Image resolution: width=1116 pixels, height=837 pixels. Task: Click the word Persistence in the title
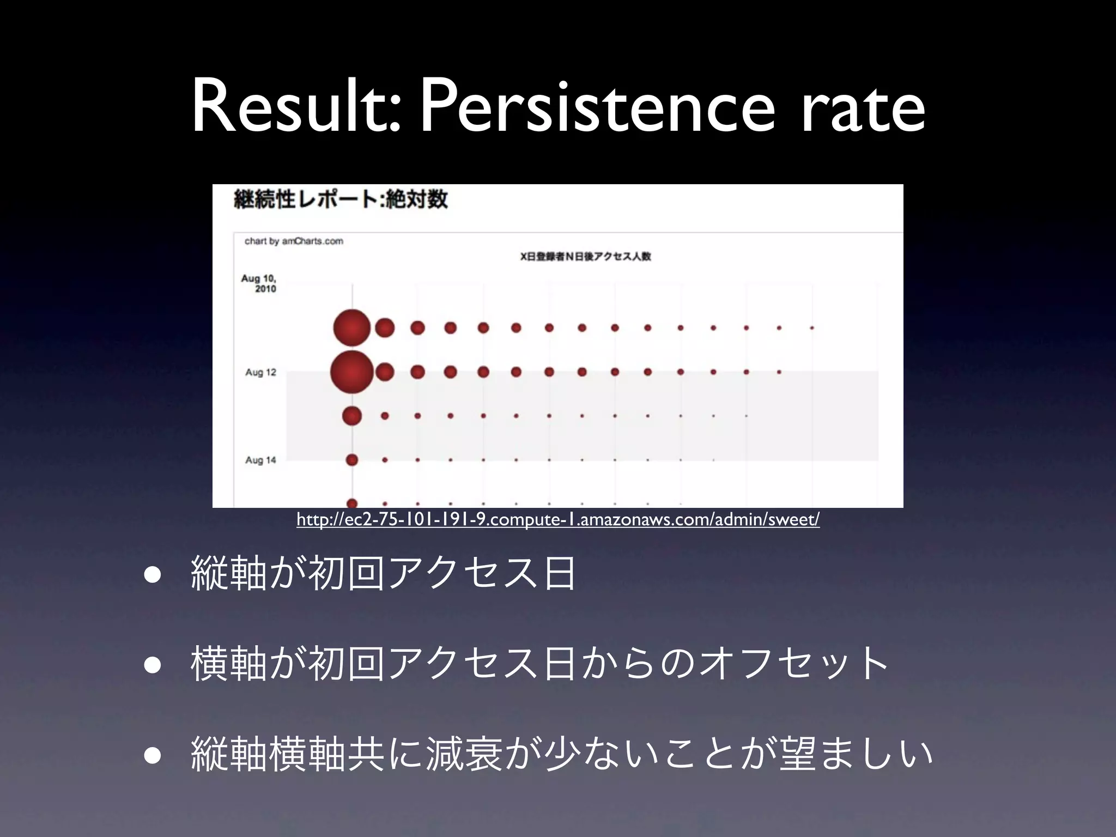click(597, 106)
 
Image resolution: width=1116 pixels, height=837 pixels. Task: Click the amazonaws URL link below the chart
click(557, 520)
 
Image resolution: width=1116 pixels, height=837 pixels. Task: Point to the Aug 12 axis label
click(260, 373)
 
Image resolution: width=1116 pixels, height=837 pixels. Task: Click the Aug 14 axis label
click(260, 460)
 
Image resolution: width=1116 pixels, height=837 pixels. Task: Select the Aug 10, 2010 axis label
click(259, 283)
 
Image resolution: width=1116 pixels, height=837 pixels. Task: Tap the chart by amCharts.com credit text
click(294, 241)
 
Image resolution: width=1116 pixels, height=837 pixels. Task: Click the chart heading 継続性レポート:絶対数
click(341, 199)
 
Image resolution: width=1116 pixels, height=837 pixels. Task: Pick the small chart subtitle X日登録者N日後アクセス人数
click(585, 257)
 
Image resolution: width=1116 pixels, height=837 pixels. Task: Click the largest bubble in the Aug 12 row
click(352, 372)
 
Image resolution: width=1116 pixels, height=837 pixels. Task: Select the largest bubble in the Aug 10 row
click(352, 328)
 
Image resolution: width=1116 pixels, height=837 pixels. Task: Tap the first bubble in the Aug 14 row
click(352, 460)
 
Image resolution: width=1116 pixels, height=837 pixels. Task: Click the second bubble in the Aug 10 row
click(385, 328)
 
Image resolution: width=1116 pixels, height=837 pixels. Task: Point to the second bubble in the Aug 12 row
click(385, 372)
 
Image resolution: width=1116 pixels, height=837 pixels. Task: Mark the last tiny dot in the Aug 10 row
click(812, 328)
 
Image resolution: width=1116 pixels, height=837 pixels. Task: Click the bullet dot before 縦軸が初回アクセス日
click(153, 574)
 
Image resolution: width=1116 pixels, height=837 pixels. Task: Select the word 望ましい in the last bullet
click(856, 754)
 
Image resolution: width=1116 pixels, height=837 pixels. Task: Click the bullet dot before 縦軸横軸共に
click(153, 755)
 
